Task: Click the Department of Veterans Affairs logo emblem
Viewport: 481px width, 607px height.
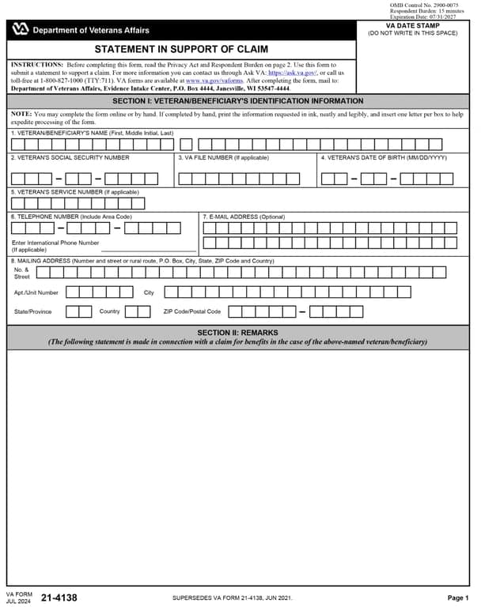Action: click(x=21, y=30)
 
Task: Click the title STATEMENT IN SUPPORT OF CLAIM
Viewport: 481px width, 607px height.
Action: click(x=181, y=49)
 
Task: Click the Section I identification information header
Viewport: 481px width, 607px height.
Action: click(x=238, y=101)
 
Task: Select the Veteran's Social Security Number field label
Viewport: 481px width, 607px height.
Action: click(x=70, y=157)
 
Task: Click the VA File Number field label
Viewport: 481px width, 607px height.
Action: click(x=223, y=157)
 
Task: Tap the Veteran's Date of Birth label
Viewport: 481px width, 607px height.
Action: click(x=384, y=157)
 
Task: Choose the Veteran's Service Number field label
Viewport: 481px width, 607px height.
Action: click(x=75, y=192)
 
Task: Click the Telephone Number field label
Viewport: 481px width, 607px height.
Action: click(x=71, y=217)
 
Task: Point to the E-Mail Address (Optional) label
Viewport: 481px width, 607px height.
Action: click(x=246, y=217)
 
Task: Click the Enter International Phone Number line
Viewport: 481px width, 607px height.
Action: click(x=55, y=243)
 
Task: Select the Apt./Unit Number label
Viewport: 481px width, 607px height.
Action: click(x=36, y=292)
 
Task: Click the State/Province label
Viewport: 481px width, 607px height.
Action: click(x=33, y=311)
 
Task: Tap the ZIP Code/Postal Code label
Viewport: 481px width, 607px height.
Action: click(x=192, y=311)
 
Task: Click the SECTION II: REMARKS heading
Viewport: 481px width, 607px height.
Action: click(x=238, y=333)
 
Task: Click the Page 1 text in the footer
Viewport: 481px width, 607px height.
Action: click(x=458, y=598)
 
